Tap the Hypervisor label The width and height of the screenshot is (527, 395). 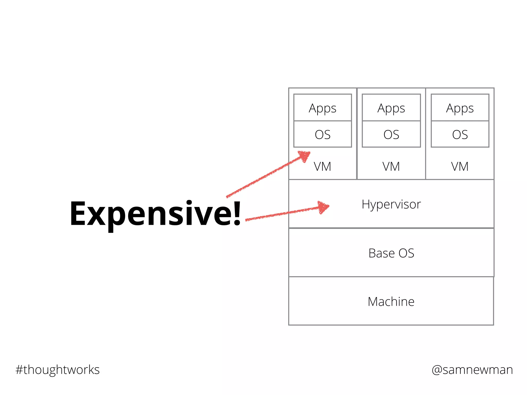point(391,204)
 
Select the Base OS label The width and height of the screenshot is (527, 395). point(391,253)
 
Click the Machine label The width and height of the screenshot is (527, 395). point(391,302)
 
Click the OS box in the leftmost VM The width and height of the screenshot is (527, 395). point(322,134)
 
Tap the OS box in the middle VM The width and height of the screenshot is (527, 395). point(391,134)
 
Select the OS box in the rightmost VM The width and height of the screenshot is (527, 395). point(460,134)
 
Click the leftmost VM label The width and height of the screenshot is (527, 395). point(322,167)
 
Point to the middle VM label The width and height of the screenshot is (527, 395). point(391,167)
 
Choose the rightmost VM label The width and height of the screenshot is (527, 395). point(460,167)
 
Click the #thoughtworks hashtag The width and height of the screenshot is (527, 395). point(57,370)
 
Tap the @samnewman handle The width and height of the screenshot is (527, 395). point(472,370)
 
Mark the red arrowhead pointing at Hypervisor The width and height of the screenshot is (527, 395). point(323,207)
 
